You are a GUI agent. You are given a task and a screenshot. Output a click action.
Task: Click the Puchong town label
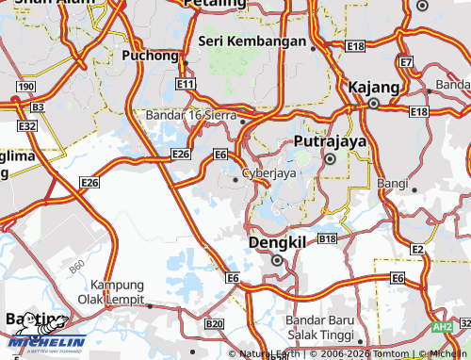coord(151,57)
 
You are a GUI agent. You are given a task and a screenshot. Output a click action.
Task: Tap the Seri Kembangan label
coord(252,41)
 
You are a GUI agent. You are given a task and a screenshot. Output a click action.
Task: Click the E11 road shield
coord(185,85)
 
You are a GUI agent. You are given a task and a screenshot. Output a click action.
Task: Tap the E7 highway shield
coord(406,62)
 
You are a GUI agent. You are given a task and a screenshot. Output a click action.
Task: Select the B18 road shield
coord(327,240)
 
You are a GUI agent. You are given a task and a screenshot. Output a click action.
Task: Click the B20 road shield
coord(214,323)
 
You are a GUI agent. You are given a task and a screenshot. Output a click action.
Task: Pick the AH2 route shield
coord(441,326)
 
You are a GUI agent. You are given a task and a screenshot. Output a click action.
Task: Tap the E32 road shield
coord(27,125)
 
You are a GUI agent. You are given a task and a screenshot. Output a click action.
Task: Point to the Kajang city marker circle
coord(374,105)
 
